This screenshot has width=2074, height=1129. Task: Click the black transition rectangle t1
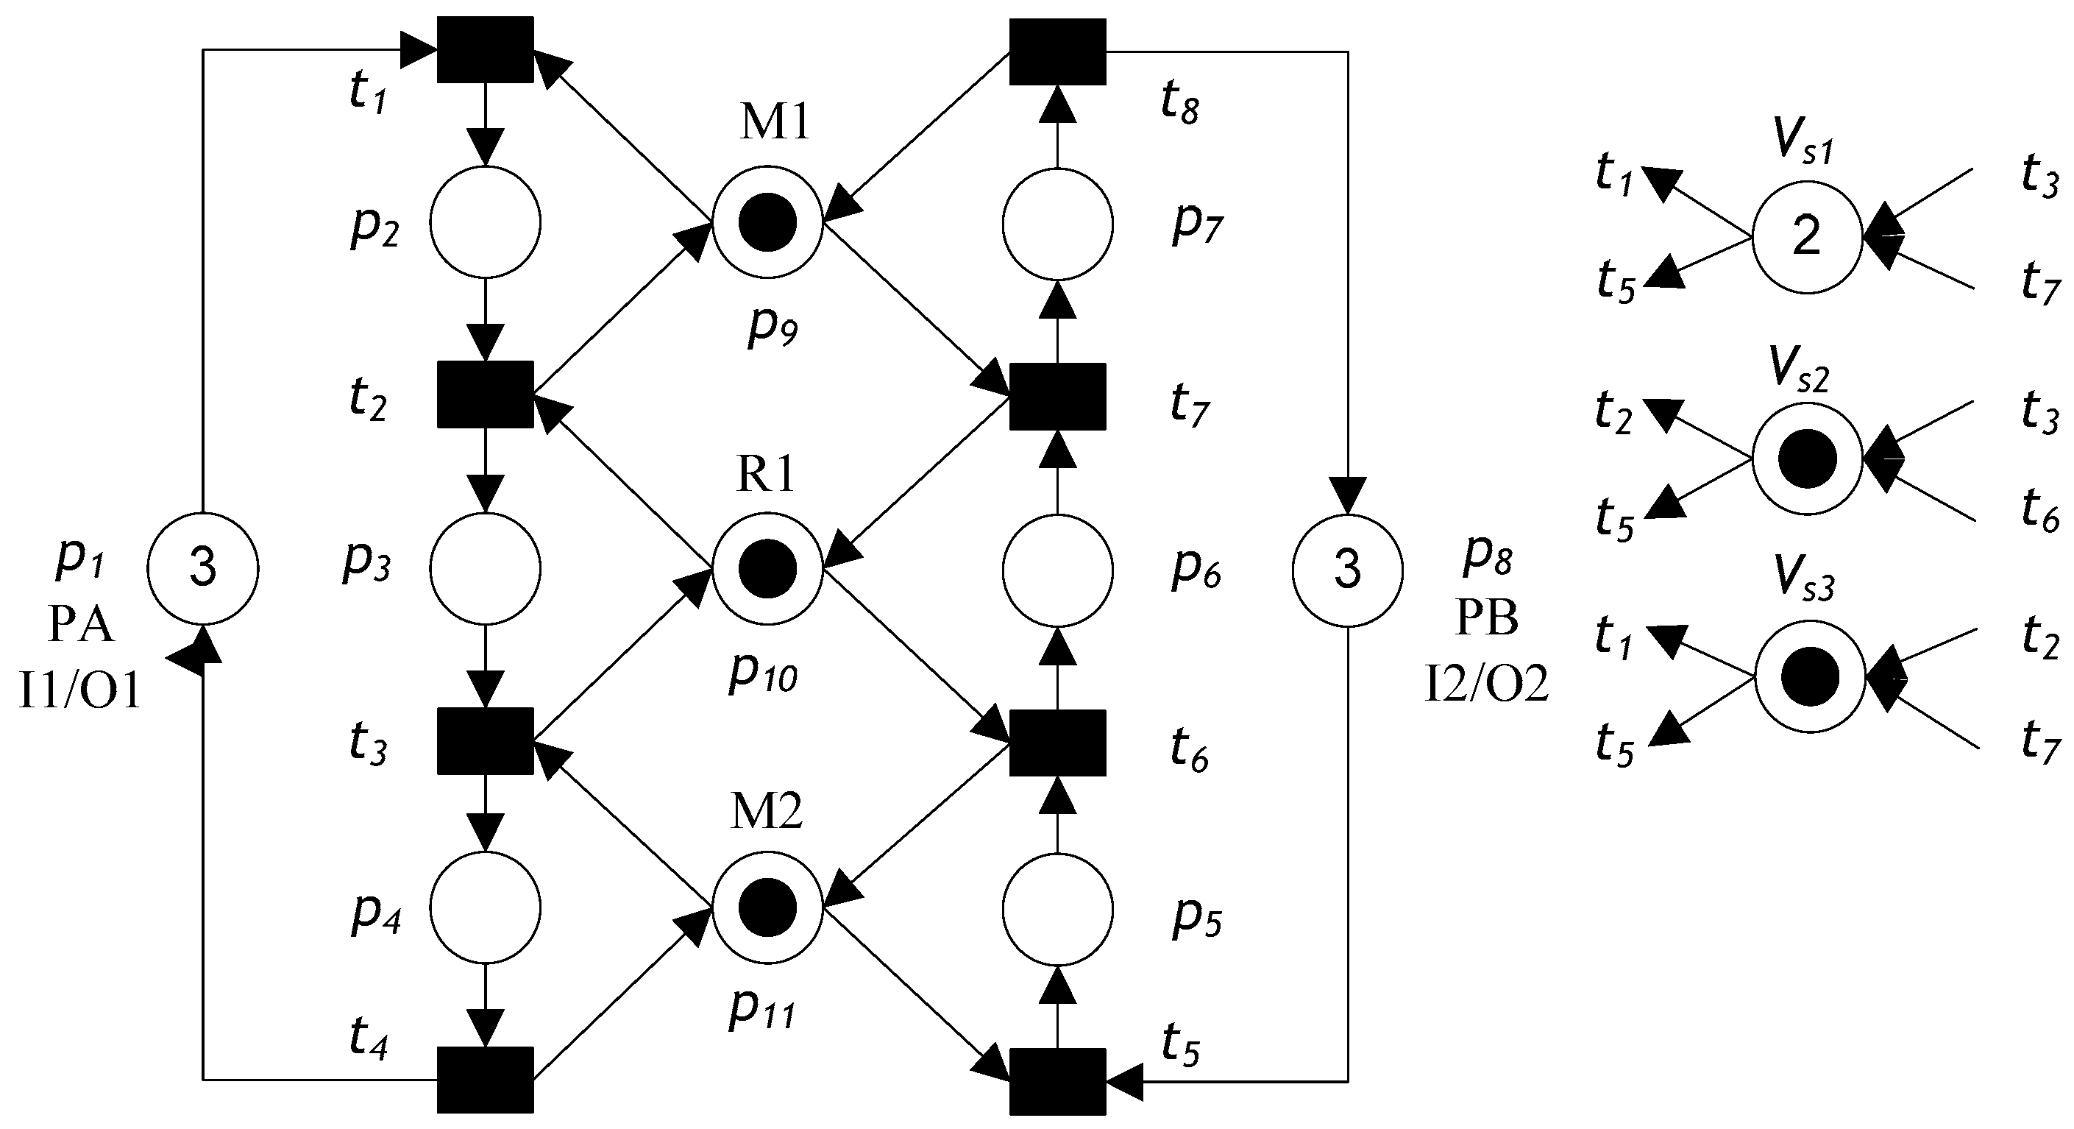pos(485,50)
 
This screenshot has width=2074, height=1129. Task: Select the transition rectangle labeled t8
pos(1057,52)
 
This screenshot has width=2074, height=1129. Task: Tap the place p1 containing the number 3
pos(203,567)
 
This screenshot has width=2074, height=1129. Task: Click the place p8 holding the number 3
pos(1347,568)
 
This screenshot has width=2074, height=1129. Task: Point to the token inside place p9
pos(767,222)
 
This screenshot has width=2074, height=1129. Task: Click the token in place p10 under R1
pos(767,568)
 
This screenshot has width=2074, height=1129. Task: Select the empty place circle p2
pos(485,222)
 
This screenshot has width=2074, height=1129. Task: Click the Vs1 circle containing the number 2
pos(1807,237)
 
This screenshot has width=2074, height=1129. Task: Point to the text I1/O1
pos(79,691)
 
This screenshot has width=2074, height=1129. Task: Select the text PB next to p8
pos(1486,618)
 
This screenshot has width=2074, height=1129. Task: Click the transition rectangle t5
pos(1057,1080)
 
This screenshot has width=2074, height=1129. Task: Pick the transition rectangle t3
pos(485,740)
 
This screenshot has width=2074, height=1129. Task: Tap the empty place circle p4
pos(485,907)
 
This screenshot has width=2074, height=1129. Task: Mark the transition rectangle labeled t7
pos(1057,396)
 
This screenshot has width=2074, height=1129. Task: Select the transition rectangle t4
pos(485,1079)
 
